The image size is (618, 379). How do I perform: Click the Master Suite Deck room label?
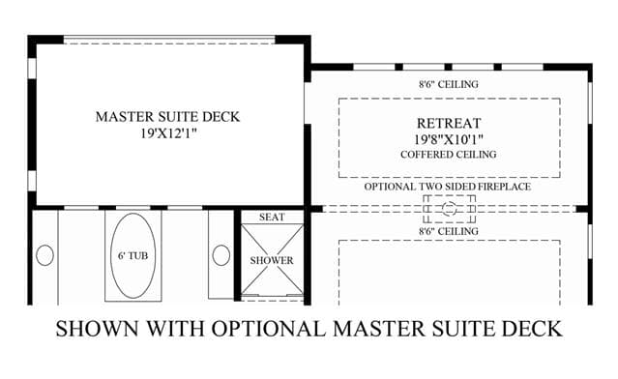[167, 117]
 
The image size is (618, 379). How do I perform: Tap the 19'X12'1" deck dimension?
[168, 133]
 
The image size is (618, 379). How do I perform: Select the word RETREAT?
[449, 124]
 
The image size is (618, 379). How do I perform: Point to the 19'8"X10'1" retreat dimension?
[449, 139]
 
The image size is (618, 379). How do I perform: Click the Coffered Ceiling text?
[449, 155]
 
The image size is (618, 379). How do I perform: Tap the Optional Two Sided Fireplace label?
[448, 187]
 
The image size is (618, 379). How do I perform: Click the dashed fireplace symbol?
[450, 209]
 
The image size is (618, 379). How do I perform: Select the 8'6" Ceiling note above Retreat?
[449, 84]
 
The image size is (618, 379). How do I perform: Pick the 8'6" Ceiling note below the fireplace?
[449, 231]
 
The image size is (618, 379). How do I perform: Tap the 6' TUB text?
[132, 255]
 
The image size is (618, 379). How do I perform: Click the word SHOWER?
[272, 260]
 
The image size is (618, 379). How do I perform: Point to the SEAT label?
[272, 218]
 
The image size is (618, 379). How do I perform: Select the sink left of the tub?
[44, 255]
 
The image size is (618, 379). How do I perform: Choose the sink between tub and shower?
[221, 255]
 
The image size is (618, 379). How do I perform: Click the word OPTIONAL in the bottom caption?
[269, 329]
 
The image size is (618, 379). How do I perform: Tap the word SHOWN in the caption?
[97, 329]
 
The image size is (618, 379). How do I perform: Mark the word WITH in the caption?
[175, 329]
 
